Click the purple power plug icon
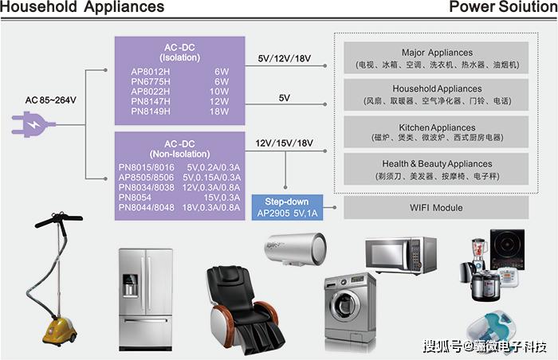tap(33, 124)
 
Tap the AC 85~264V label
tap(50, 100)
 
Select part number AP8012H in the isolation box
tap(150, 72)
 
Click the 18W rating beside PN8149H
tap(219, 112)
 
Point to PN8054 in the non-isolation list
tap(135, 198)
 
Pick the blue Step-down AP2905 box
tap(287, 207)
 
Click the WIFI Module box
tap(436, 208)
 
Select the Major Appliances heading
tap(437, 53)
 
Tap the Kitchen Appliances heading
tap(437, 127)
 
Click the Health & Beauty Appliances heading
tap(437, 163)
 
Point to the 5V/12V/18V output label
tap(285, 58)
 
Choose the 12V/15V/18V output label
tap(285, 143)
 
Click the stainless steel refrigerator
tap(146, 299)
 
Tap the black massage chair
tap(242, 310)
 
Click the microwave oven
tap(401, 255)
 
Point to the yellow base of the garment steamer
tap(60, 331)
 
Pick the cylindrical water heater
tap(296, 248)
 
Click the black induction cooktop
tap(507, 249)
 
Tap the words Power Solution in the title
tap(503, 6)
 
